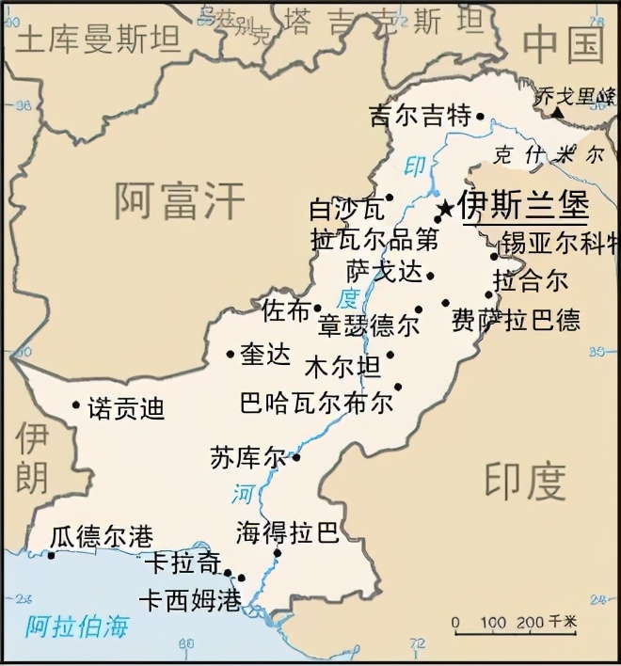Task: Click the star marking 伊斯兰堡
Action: tap(445, 206)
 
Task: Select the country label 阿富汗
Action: tap(179, 200)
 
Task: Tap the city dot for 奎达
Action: tap(231, 354)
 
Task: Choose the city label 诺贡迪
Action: tap(125, 408)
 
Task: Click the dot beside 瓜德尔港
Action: tap(51, 554)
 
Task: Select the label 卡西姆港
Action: tap(189, 600)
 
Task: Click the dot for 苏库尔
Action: tap(295, 458)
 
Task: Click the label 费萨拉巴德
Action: tap(516, 319)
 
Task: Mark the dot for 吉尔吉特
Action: tap(479, 118)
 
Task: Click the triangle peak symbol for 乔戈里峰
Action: tap(558, 113)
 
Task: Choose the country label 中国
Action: tap(563, 42)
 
